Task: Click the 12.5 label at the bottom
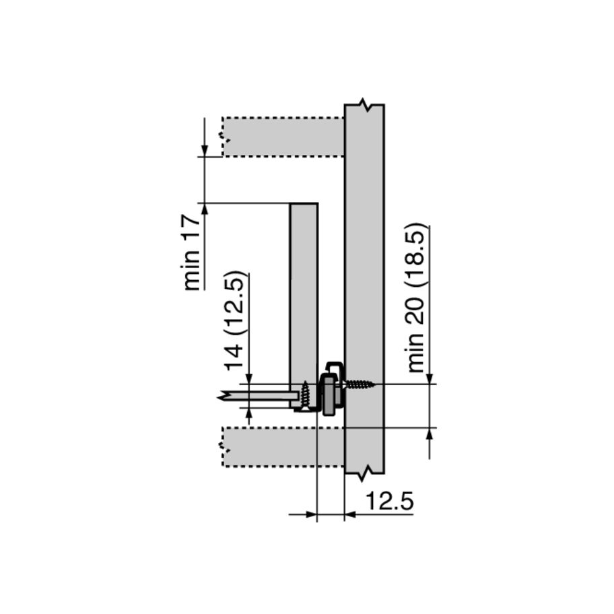389,501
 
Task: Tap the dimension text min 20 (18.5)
417,298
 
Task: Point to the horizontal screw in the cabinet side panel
359,385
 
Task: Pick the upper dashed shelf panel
283,137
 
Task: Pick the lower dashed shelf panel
283,446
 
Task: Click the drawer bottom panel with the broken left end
259,397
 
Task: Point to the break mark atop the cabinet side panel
364,104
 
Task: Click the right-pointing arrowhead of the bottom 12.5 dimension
310,516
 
